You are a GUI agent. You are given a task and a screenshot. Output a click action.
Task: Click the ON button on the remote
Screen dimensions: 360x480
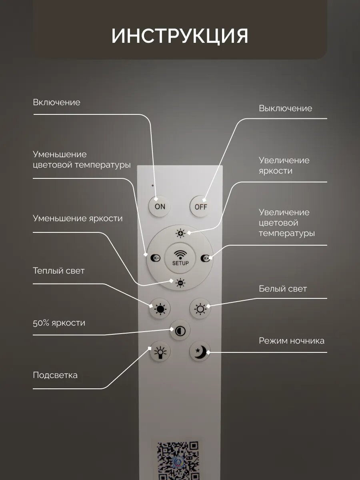pyautogui.click(x=160, y=206)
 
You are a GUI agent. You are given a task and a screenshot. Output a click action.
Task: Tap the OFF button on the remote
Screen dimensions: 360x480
pyautogui.click(x=200, y=206)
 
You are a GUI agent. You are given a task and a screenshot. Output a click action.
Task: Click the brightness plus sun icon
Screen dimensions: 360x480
pyautogui.click(x=181, y=233)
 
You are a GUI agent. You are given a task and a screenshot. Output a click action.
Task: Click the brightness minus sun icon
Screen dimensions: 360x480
pyautogui.click(x=180, y=283)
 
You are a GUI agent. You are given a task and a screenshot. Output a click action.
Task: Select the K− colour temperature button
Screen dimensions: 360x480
pyautogui.click(x=155, y=258)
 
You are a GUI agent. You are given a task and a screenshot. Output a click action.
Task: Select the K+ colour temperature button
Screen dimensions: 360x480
pyautogui.click(x=206, y=258)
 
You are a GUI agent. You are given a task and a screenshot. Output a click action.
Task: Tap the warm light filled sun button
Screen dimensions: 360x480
pyautogui.click(x=160, y=309)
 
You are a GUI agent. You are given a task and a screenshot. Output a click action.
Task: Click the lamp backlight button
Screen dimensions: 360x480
pyautogui.click(x=160, y=352)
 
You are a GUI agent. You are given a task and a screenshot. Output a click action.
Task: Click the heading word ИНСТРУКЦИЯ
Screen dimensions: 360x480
pyautogui.click(x=180, y=36)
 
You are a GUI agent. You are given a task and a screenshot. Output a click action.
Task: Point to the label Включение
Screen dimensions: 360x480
pyautogui.click(x=56, y=102)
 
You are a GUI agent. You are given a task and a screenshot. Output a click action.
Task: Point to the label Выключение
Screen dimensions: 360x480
pyautogui.click(x=285, y=108)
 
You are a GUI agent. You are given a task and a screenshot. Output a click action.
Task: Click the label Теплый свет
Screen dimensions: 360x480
pyautogui.click(x=59, y=271)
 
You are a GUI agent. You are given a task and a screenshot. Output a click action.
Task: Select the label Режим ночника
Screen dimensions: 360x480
pyautogui.click(x=291, y=341)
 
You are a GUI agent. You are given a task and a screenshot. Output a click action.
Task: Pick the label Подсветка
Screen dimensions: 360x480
pyautogui.click(x=55, y=375)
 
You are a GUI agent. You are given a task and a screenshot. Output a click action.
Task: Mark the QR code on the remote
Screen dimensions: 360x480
pyautogui.click(x=177, y=460)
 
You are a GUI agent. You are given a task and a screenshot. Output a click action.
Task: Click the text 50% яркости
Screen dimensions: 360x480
pyautogui.click(x=59, y=323)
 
